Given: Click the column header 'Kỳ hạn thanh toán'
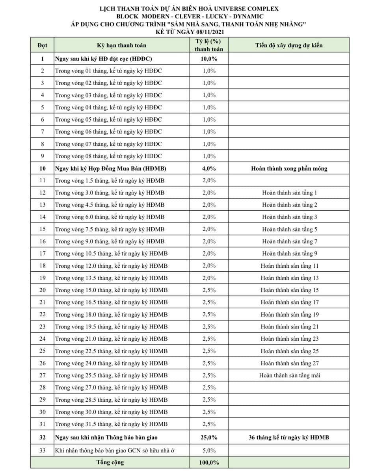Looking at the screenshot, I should (121, 45).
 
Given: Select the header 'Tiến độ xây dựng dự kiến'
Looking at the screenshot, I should (289, 45).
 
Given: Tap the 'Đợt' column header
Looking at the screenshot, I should (42, 45).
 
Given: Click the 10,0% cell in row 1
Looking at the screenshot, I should (209, 59).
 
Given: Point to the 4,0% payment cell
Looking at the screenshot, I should (209, 169).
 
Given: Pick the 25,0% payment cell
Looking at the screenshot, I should (209, 438).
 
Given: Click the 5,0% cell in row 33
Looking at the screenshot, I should (209, 450).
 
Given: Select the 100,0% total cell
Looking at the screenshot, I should (209, 462).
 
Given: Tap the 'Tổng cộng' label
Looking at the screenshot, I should (110, 462).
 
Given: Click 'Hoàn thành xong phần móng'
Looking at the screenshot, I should (289, 169).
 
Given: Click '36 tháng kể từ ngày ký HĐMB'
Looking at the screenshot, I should (289, 438).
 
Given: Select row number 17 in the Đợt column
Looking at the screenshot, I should (42, 254).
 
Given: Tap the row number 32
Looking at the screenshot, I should (42, 438).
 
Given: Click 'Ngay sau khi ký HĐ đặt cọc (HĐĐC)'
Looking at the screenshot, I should (104, 59).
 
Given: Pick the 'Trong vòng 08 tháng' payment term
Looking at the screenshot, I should (108, 156).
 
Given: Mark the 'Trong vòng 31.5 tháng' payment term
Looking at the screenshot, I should (112, 424).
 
